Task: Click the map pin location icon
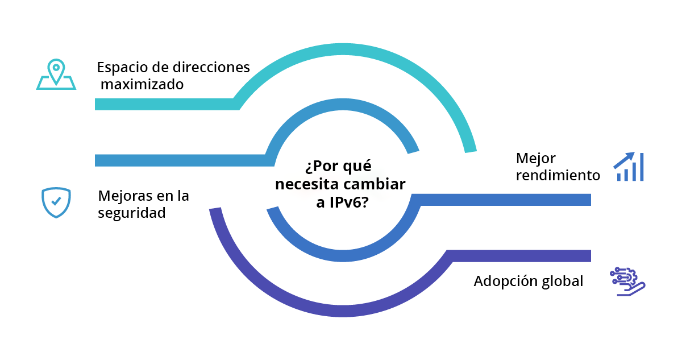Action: (x=56, y=74)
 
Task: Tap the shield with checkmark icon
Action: (x=56, y=202)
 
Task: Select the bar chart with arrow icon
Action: (x=629, y=167)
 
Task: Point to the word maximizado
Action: (x=143, y=85)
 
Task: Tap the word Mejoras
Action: (x=122, y=196)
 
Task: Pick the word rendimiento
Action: (x=558, y=175)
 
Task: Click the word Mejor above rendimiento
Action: (x=535, y=158)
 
